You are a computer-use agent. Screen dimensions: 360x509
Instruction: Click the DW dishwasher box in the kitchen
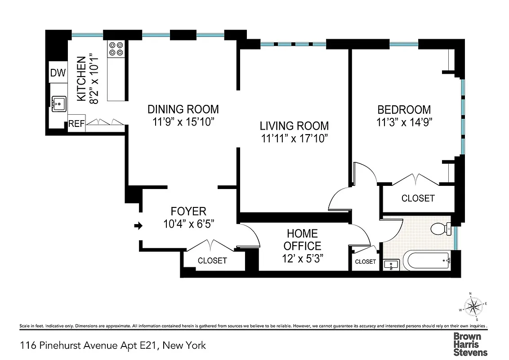click(x=58, y=73)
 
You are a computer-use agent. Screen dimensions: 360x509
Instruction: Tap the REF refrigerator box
click(x=76, y=124)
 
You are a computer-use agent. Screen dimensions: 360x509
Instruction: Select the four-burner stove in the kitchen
click(x=116, y=49)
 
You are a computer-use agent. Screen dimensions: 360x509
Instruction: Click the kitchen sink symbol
click(x=59, y=104)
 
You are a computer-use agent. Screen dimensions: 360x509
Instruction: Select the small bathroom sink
click(x=391, y=265)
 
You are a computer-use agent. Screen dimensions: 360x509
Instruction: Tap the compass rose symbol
click(x=473, y=307)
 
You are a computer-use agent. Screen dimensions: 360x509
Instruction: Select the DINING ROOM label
click(x=183, y=109)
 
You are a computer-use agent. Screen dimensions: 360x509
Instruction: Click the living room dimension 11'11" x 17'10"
click(x=294, y=139)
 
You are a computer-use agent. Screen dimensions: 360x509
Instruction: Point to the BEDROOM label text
click(x=404, y=109)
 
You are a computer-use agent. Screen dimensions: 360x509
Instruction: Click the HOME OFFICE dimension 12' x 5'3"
click(x=302, y=258)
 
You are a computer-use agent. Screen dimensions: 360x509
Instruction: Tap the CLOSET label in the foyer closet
click(x=212, y=261)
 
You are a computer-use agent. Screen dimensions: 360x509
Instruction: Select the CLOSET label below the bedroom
click(x=418, y=198)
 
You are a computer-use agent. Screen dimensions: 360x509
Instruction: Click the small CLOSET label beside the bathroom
click(x=365, y=261)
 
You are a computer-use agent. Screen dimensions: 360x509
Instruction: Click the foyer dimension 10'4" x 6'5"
click(x=188, y=224)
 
